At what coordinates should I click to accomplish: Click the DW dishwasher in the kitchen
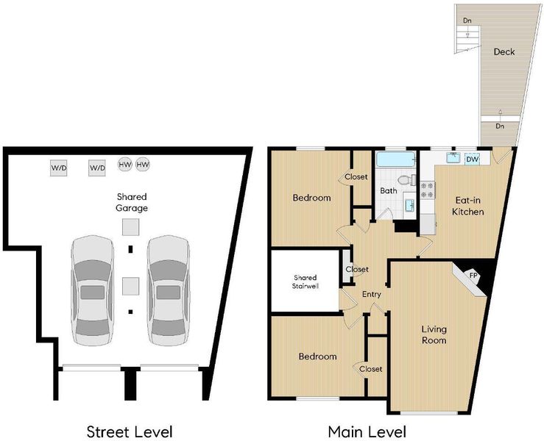(x=472, y=159)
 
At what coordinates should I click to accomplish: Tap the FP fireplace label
(x=473, y=276)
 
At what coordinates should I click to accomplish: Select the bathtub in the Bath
(x=396, y=159)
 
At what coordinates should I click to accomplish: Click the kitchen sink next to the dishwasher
(x=453, y=158)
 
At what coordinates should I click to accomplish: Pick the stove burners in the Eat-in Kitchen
(x=428, y=190)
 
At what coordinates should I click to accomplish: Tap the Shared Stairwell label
(x=305, y=282)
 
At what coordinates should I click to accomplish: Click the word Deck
(x=504, y=52)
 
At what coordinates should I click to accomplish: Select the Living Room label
(x=434, y=334)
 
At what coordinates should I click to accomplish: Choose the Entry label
(x=372, y=295)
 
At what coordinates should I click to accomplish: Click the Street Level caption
(x=130, y=432)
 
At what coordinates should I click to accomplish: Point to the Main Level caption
(x=367, y=432)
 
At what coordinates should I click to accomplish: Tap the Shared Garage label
(x=132, y=202)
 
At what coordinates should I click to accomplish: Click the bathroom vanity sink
(x=410, y=205)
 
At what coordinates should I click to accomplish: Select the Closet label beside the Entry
(x=357, y=269)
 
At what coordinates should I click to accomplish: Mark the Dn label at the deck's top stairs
(x=467, y=21)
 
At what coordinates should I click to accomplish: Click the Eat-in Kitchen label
(x=467, y=206)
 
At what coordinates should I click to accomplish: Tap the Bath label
(x=389, y=190)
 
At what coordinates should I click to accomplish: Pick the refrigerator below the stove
(x=428, y=224)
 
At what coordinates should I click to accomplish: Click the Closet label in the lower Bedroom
(x=371, y=369)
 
